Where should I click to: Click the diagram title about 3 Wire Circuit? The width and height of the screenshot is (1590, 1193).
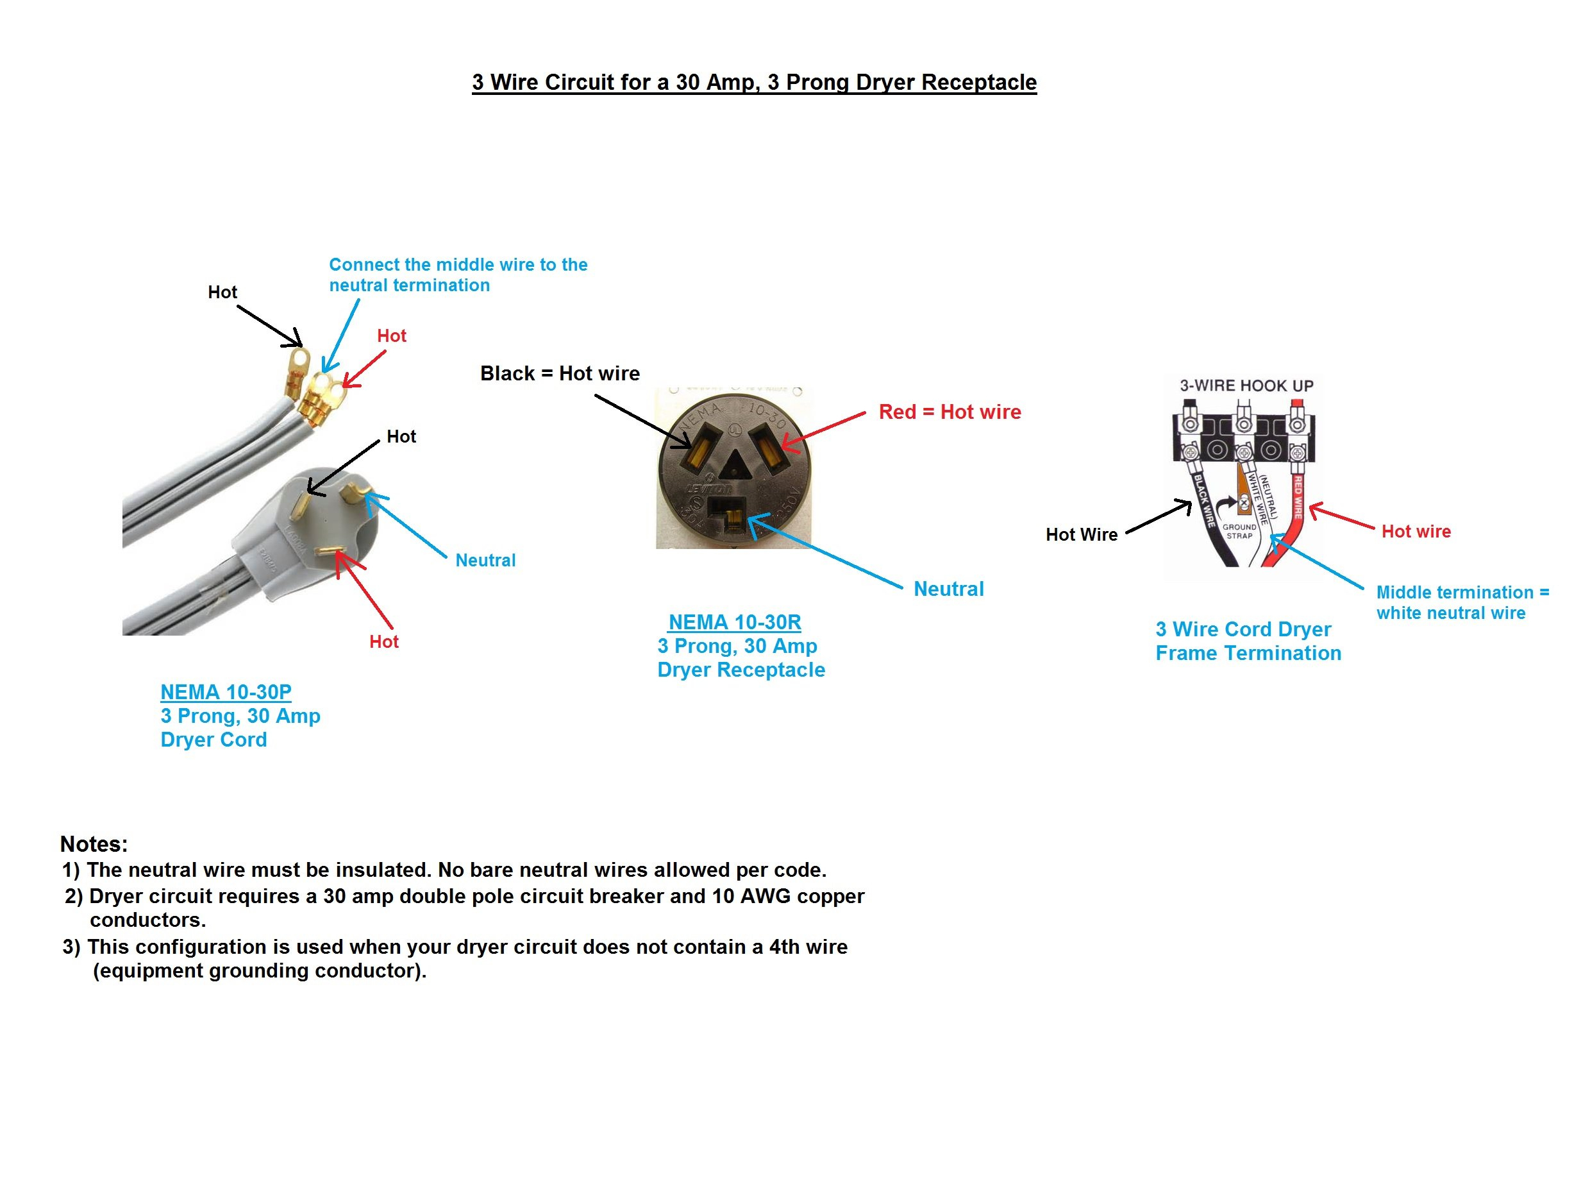pyautogui.click(x=754, y=83)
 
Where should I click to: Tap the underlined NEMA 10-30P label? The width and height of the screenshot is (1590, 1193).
pyautogui.click(x=226, y=692)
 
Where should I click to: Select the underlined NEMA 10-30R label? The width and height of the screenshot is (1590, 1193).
pyautogui.click(x=735, y=622)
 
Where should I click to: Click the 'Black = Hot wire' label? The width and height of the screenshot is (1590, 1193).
pyautogui.click(x=559, y=373)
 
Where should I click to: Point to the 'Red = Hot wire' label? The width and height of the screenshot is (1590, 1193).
pyautogui.click(x=950, y=412)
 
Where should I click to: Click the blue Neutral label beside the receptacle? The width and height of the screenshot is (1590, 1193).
pyautogui.click(x=948, y=589)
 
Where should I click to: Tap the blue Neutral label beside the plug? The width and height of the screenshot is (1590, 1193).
pyautogui.click(x=485, y=560)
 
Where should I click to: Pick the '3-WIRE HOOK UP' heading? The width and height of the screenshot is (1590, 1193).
pyautogui.click(x=1246, y=385)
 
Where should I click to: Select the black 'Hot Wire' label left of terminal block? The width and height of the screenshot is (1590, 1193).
pyautogui.click(x=1081, y=534)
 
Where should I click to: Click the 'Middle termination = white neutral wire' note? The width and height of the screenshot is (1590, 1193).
pyautogui.click(x=1462, y=603)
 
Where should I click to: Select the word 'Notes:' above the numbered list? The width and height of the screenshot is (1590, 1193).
pyautogui.click(x=94, y=843)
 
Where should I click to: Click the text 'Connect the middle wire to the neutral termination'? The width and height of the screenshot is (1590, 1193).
pyautogui.click(x=458, y=275)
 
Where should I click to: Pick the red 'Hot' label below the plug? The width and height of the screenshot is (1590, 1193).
pyautogui.click(x=384, y=641)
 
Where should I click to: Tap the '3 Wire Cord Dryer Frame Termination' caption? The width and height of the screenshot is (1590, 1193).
pyautogui.click(x=1248, y=641)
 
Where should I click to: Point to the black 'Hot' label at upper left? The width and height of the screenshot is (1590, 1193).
pyautogui.click(x=222, y=292)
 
